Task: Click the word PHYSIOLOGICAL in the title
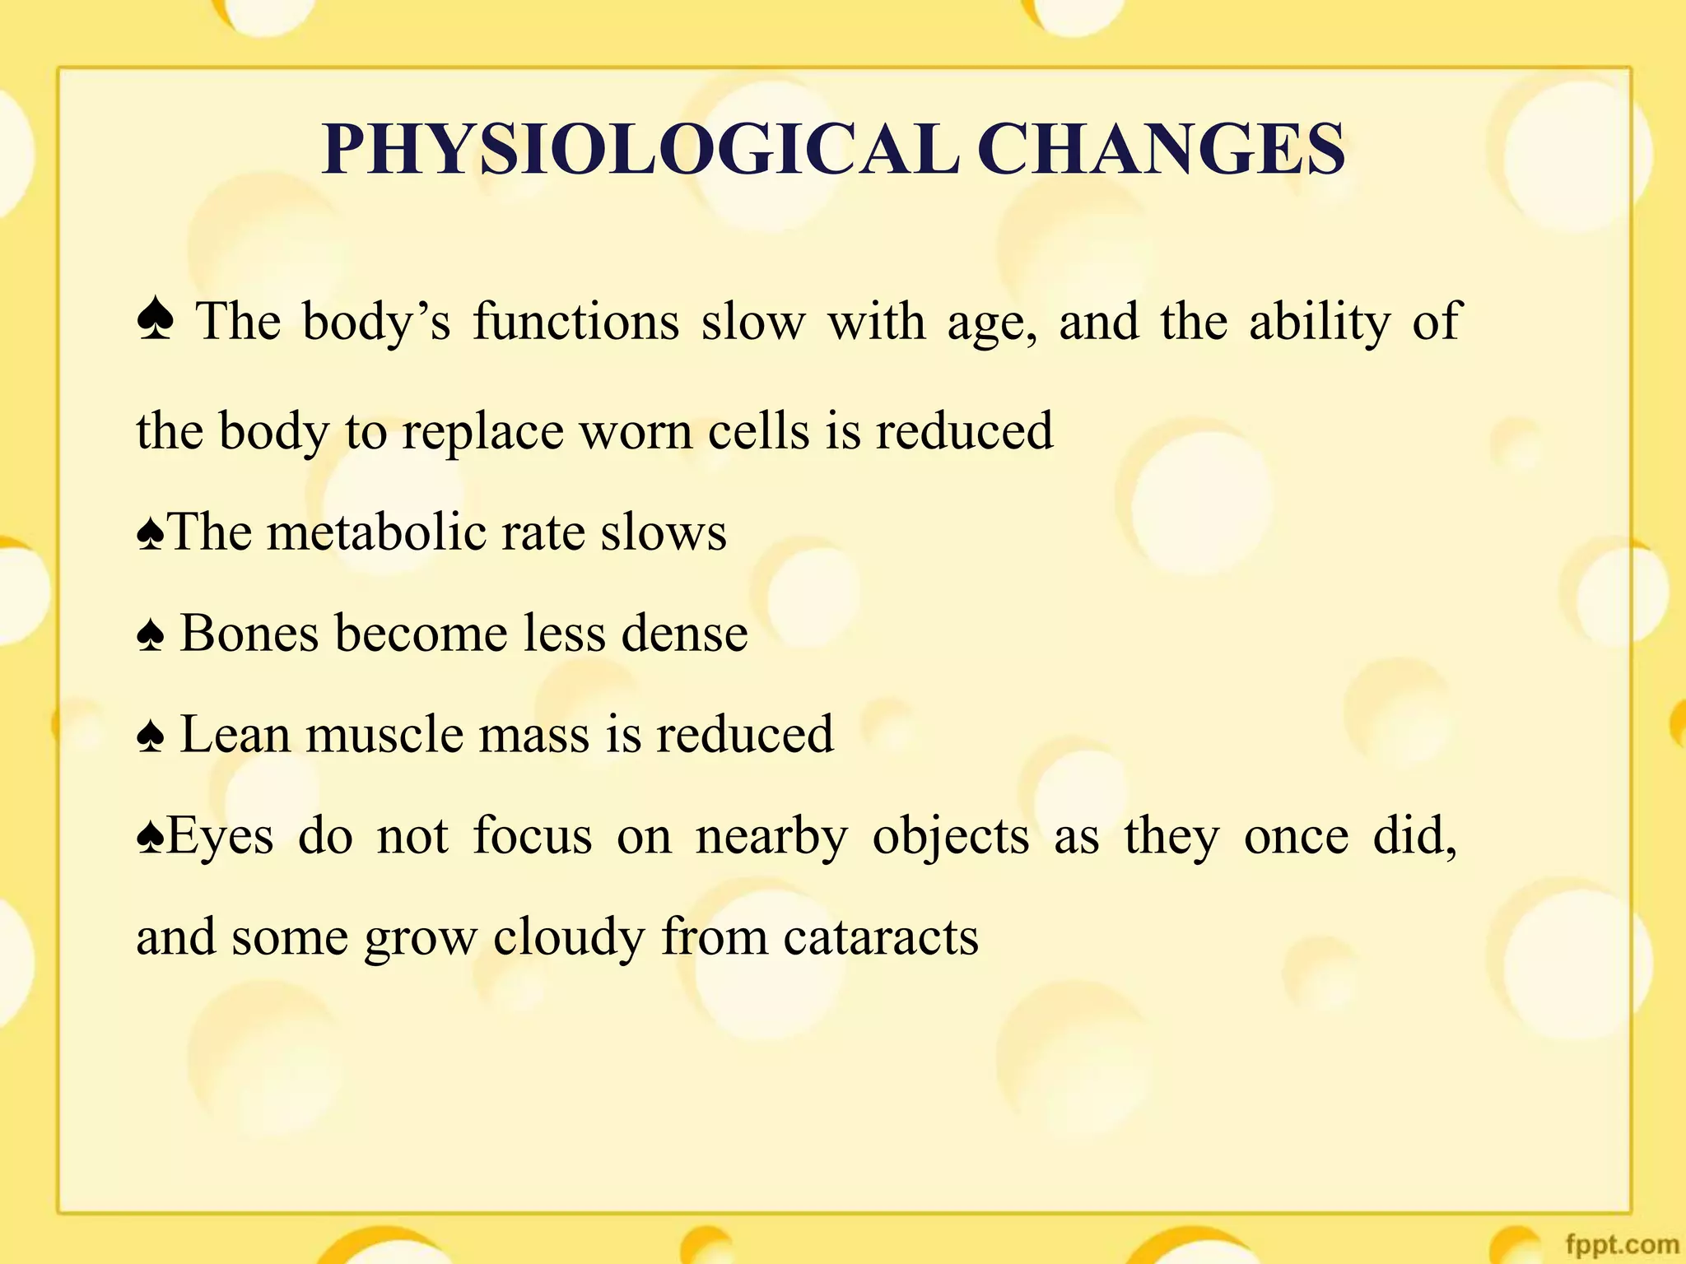[x=640, y=150]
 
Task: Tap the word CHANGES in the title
[x=1162, y=150]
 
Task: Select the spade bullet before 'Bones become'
[x=151, y=636]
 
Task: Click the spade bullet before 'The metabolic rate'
[x=150, y=535]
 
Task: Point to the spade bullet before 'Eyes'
[x=150, y=839]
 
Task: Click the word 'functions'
[x=576, y=321]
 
